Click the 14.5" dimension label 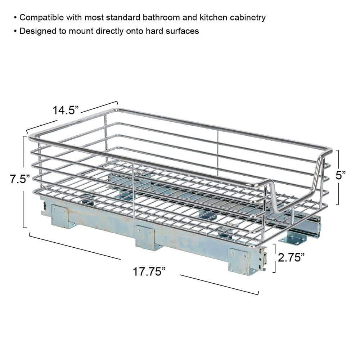66,109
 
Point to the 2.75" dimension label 291,258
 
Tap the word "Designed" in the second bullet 35,31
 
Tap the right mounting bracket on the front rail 239,261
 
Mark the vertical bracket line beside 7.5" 24,182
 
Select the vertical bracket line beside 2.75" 275,258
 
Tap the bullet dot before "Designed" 15,31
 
